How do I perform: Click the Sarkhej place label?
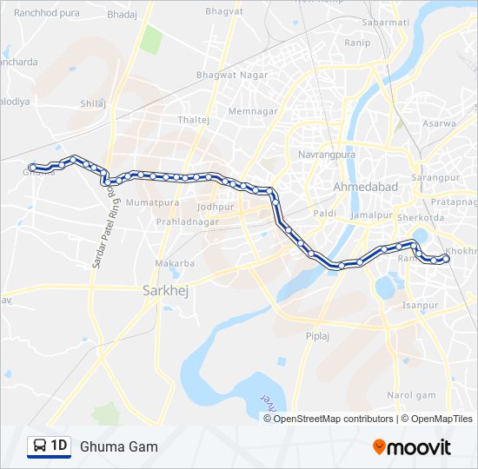[165, 292]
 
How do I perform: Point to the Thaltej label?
[193, 119]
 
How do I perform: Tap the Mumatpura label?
[152, 202]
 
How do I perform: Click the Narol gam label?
[411, 395]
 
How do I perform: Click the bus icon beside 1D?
[40, 446]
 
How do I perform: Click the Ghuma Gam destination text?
[119, 446]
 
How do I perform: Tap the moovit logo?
[412, 446]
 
